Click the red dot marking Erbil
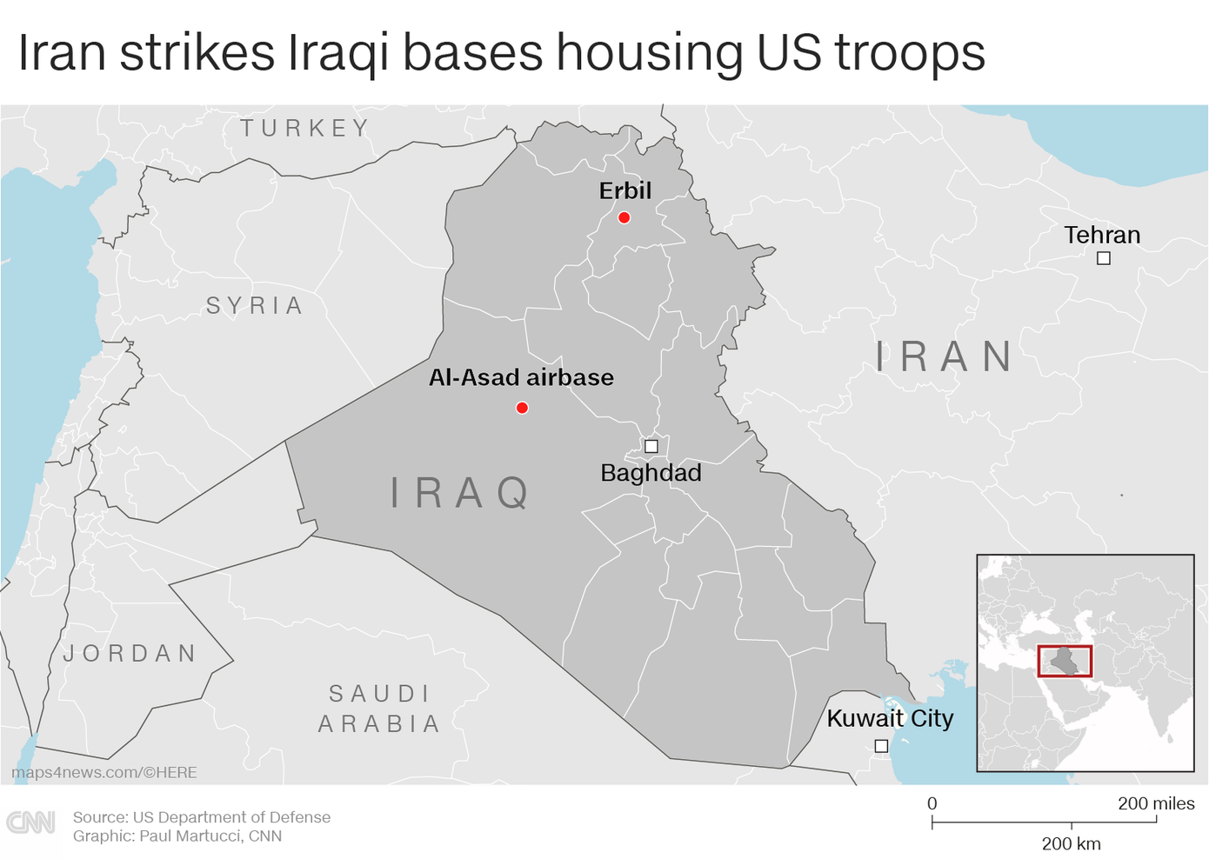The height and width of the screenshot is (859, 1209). (624, 217)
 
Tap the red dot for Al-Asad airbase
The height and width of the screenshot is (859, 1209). (522, 408)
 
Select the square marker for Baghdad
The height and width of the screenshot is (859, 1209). (651, 446)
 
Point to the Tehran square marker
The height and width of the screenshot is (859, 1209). (1103, 258)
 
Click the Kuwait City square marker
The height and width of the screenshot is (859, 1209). (881, 746)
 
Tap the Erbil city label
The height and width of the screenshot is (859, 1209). (625, 190)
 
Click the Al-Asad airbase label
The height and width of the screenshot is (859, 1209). (521, 377)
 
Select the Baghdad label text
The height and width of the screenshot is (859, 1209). (651, 473)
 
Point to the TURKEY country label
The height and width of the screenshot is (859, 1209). (305, 129)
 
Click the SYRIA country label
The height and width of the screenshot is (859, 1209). (255, 306)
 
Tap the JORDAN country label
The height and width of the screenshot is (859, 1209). (130, 654)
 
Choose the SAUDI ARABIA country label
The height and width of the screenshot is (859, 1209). (379, 709)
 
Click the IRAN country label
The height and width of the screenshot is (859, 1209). (945, 356)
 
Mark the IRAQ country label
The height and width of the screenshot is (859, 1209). (460, 493)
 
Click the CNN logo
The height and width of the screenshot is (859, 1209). (31, 822)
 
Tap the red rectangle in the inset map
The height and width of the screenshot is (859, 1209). (1065, 662)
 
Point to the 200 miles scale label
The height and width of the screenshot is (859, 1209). (1156, 803)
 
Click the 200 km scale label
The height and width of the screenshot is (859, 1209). (1071, 843)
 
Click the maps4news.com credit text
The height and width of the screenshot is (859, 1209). (104, 772)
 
